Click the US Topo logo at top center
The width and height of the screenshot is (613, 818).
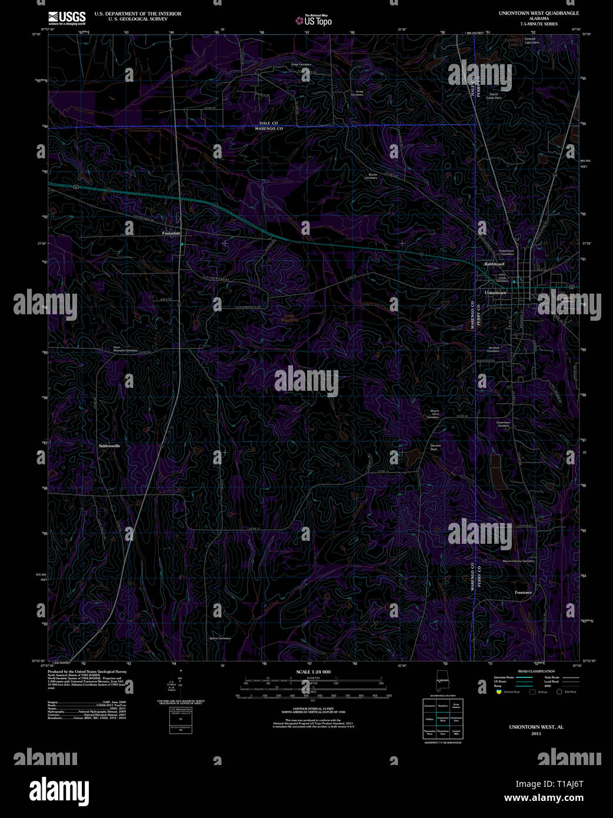click(x=314, y=21)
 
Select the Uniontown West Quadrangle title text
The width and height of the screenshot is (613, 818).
click(x=538, y=13)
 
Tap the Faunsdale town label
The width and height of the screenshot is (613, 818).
click(x=171, y=233)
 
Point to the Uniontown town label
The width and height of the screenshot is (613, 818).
click(x=495, y=292)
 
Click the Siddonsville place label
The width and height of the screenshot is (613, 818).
click(x=109, y=446)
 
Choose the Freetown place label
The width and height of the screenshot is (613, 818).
click(x=523, y=593)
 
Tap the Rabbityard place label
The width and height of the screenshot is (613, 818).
click(x=494, y=264)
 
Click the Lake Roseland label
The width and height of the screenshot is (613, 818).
click(x=291, y=318)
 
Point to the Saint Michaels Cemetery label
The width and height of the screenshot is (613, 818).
click(x=125, y=349)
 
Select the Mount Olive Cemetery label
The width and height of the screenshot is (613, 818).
click(x=435, y=414)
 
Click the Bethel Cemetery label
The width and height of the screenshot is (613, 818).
click(x=220, y=638)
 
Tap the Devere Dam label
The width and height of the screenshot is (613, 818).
click(x=435, y=447)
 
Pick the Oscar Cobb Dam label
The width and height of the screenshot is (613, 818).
click(x=494, y=96)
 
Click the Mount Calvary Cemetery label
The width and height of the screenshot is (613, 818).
click(x=518, y=561)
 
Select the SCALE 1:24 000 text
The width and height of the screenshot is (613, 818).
click(x=313, y=671)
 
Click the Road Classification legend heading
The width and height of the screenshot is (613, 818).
click(x=536, y=671)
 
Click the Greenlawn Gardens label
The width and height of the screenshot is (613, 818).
click(x=503, y=424)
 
